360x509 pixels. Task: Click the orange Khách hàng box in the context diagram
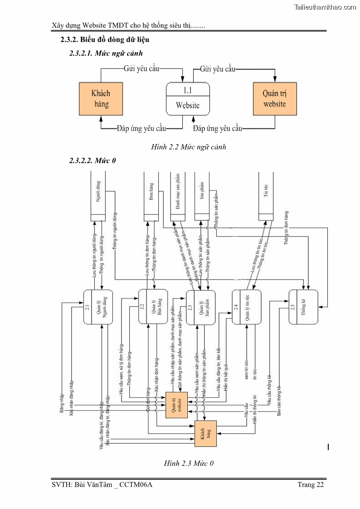click(x=101, y=98)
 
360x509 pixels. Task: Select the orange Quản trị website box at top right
click(x=275, y=98)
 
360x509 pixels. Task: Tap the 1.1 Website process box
click(x=188, y=98)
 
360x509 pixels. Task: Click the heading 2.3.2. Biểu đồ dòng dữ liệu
click(x=105, y=40)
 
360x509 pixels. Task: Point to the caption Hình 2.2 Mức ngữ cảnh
click(x=189, y=147)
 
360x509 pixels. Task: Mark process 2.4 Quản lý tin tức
click(x=246, y=307)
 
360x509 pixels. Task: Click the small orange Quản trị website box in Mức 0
click(x=176, y=405)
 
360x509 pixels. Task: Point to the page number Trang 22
click(x=311, y=485)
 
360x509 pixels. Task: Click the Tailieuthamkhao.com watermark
click(x=325, y=7)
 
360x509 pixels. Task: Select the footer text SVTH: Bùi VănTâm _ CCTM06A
click(x=102, y=485)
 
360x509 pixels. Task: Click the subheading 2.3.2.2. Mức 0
click(x=93, y=161)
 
